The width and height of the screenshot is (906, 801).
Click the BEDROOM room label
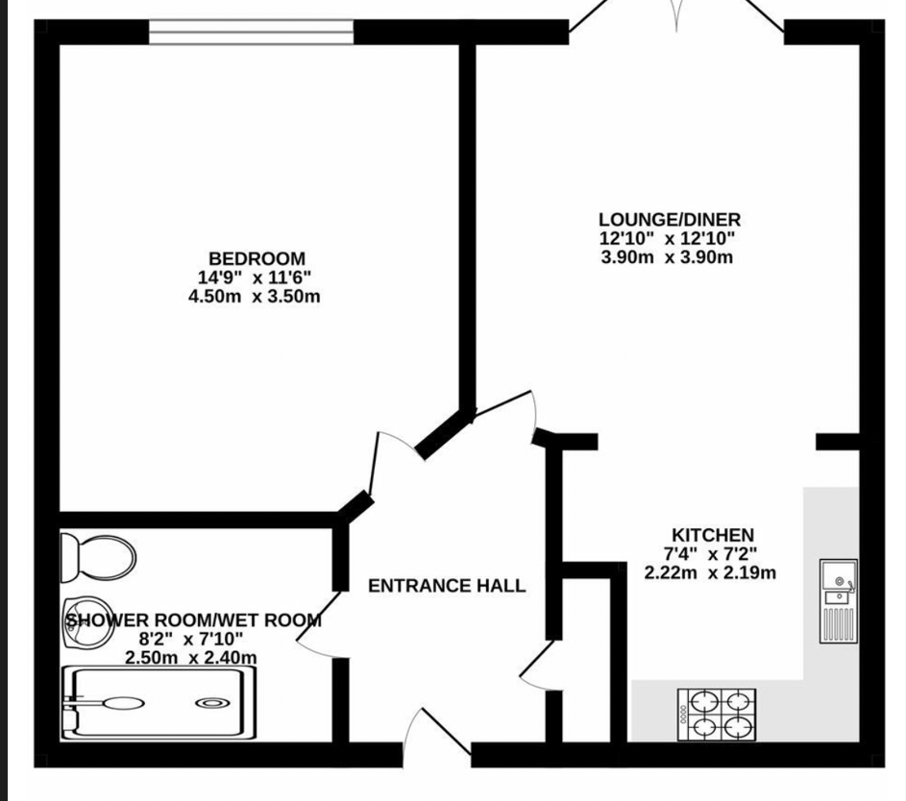[x=257, y=258]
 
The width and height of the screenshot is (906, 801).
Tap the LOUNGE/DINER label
[x=669, y=219]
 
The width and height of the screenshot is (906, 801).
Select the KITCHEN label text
[x=713, y=535]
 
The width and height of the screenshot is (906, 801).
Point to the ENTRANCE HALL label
[x=447, y=586]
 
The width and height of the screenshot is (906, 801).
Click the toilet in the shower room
[x=98, y=558]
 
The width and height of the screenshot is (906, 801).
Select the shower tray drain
[x=212, y=703]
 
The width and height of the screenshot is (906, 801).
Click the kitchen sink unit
[x=838, y=600]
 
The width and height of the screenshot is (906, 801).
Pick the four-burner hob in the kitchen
[x=717, y=715]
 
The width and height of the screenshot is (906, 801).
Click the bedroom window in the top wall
[x=252, y=32]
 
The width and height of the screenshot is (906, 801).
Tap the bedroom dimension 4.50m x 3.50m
[x=255, y=296]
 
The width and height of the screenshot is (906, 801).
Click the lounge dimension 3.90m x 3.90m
[x=667, y=257]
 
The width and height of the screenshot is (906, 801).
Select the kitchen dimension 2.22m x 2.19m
[x=710, y=572]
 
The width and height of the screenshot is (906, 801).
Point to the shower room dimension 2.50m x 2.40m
[x=190, y=657]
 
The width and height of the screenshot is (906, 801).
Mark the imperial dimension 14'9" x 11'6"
[x=255, y=278]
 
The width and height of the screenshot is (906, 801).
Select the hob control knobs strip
[x=683, y=715]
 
